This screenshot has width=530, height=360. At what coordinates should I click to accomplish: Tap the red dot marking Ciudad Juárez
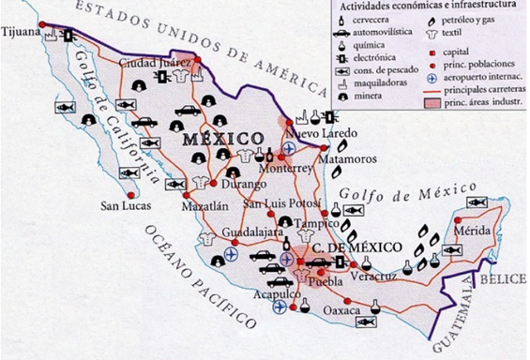pos(199,61)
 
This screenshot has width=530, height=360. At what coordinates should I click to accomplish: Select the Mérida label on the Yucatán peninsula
pos(470,231)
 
